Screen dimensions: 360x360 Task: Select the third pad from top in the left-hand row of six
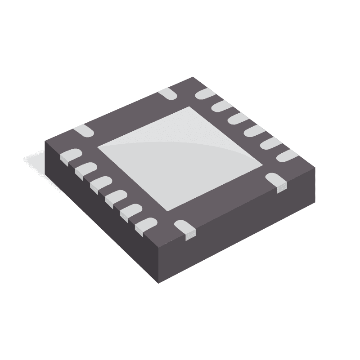(100, 183)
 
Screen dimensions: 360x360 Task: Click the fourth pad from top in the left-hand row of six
(115, 196)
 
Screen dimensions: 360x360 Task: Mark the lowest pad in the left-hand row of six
(145, 224)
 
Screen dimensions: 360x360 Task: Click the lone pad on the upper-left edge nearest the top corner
(167, 93)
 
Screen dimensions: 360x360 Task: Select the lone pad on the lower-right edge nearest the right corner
(277, 182)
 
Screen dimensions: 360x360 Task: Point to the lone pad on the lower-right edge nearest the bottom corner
(185, 228)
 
